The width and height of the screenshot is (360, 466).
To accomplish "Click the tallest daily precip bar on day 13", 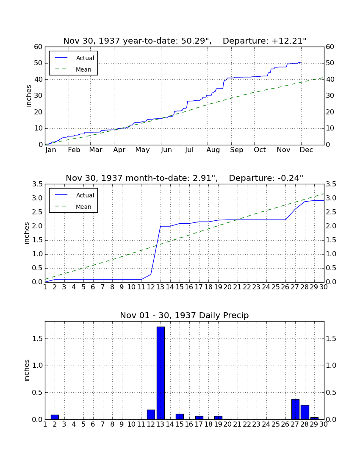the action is pos(161,373).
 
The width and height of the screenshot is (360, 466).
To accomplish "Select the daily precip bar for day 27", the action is pos(295,409).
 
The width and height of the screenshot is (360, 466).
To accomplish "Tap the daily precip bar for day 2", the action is pos(55,417).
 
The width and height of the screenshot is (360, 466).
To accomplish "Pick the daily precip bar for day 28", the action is pos(305,412).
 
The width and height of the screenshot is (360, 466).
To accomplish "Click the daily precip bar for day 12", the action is pos(151,415).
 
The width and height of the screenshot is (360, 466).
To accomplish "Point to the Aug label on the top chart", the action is pos(213,150).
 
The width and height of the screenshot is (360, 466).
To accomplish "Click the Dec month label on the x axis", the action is pos(306,150).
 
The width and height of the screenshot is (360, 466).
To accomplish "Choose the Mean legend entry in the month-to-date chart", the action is pos(73,207).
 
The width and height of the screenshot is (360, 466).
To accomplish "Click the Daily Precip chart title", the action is pos(184,315).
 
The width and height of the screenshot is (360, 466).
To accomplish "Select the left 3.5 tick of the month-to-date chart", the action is pos(37,184).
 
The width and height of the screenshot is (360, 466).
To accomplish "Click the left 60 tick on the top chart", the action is pos(39,47).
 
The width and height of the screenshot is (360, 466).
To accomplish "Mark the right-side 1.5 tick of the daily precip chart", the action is pos(331,339).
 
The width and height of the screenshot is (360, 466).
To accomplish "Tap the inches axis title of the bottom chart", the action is pos(27,370).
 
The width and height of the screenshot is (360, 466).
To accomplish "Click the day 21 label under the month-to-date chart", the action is pos(237,287).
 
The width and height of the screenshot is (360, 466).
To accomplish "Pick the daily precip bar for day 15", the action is pos(180,417).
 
